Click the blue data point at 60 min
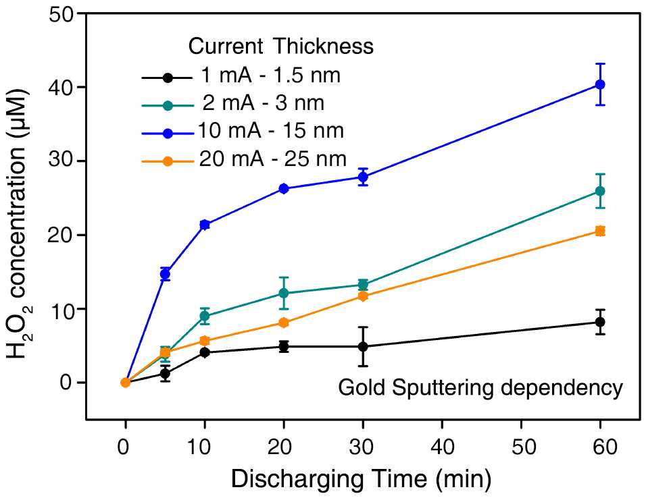[x=600, y=84]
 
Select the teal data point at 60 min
[x=600, y=191]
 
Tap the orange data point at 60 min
[x=600, y=231]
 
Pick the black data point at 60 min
[x=600, y=322]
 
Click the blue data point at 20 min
[x=283, y=188]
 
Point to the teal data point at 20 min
[x=283, y=293]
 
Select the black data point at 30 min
[x=363, y=347]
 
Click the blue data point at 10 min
[x=205, y=224]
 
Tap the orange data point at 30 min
[x=363, y=296]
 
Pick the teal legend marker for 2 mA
[x=168, y=105]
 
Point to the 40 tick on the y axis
[x=82, y=87]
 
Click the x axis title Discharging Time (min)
[x=362, y=479]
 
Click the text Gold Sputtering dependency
[x=480, y=389]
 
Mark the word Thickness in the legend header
[x=322, y=46]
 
